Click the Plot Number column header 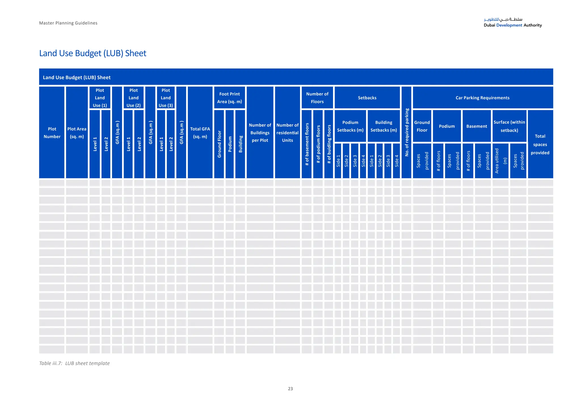[x=52, y=133]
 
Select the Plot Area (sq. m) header [x=77, y=133]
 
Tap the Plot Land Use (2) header [x=134, y=98]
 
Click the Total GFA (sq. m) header [x=200, y=133]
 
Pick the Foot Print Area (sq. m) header [x=230, y=98]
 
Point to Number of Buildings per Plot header [x=260, y=133]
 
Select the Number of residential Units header [x=287, y=133]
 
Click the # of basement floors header [x=307, y=144]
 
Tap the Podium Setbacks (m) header [x=350, y=126]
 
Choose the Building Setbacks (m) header [x=384, y=126]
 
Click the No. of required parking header [x=407, y=133]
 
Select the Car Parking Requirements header [x=483, y=98]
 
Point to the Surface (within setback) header [x=509, y=126]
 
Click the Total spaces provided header [x=540, y=144]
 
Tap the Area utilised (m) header [x=500, y=161]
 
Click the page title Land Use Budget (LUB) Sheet [x=93, y=53]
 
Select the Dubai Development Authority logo [x=513, y=22]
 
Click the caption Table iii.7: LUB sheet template [x=74, y=363]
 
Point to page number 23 [x=290, y=389]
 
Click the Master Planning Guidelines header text [x=68, y=23]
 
